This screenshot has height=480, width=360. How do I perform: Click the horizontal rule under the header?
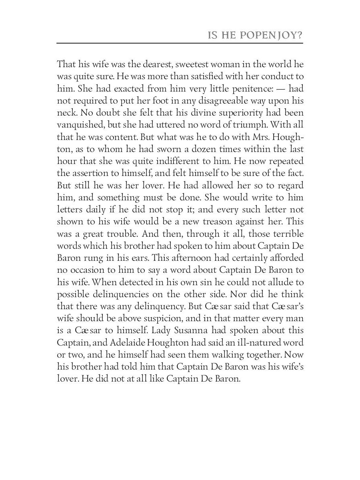[180, 43]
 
